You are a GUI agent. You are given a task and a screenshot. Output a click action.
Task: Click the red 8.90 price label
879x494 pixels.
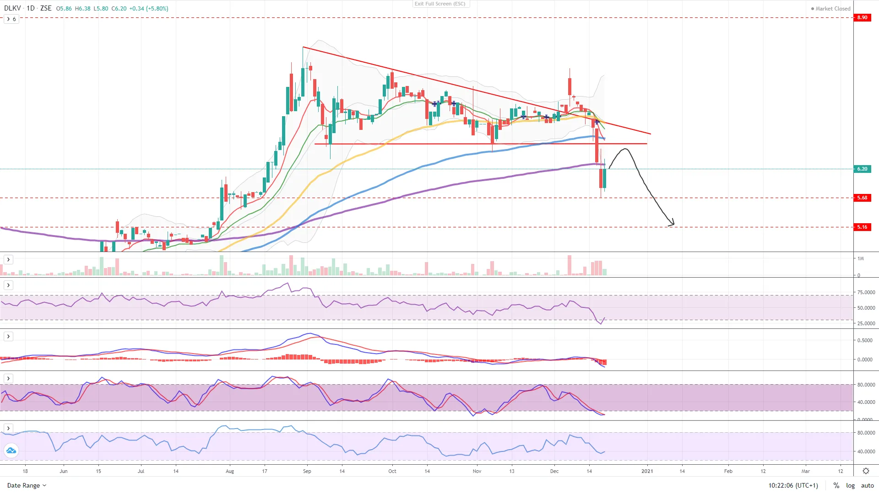[862, 17]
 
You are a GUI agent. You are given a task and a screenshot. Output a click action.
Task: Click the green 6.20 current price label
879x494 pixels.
[862, 169]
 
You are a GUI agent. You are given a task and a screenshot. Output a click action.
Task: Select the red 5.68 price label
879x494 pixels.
[862, 198]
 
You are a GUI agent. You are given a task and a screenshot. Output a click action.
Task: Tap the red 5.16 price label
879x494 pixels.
[862, 227]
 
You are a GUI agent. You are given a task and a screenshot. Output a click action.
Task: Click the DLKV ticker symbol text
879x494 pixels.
[12, 8]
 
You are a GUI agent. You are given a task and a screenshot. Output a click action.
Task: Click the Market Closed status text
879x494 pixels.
[832, 9]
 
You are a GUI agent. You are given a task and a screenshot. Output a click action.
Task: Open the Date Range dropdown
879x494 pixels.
[27, 485]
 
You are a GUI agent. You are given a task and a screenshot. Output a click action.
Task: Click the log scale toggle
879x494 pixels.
[850, 485]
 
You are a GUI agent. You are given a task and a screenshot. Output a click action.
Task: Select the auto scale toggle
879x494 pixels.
[867, 485]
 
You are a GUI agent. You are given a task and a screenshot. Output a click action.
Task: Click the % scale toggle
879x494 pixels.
[836, 485]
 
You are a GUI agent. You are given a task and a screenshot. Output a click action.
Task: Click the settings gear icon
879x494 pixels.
[866, 471]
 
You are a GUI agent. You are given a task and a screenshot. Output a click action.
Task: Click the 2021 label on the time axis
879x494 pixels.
[647, 471]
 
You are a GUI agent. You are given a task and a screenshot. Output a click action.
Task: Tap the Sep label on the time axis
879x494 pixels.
[307, 471]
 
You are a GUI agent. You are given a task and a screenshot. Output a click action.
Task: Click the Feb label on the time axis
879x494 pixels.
[728, 471]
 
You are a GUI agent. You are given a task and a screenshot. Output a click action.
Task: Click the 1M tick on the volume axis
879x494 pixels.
[861, 258]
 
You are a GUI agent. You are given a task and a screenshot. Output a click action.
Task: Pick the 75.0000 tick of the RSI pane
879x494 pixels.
[866, 292]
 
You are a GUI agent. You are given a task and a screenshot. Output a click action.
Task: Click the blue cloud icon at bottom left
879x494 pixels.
[11, 451]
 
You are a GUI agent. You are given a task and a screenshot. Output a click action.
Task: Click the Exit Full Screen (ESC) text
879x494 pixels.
[440, 4]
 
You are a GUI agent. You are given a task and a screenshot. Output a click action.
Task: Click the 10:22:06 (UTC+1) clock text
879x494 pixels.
[793, 485]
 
